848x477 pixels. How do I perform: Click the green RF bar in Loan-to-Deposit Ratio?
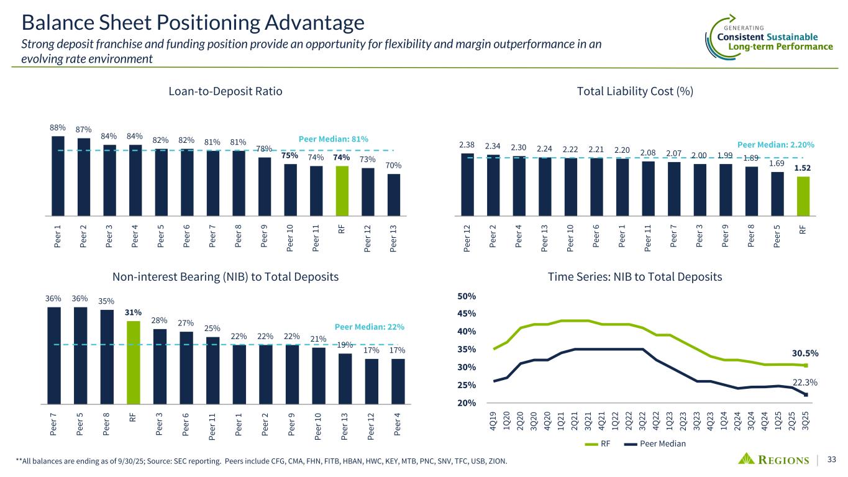coord(342,190)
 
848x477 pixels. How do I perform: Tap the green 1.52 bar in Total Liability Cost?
coord(804,195)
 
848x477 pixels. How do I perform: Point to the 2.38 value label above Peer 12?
coord(468,145)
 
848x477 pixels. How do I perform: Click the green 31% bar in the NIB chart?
coord(133,361)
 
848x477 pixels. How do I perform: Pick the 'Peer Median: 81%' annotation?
coord(334,139)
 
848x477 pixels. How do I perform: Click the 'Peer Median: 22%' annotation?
coord(370,326)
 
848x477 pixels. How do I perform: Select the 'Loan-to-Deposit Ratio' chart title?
coord(226,91)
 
